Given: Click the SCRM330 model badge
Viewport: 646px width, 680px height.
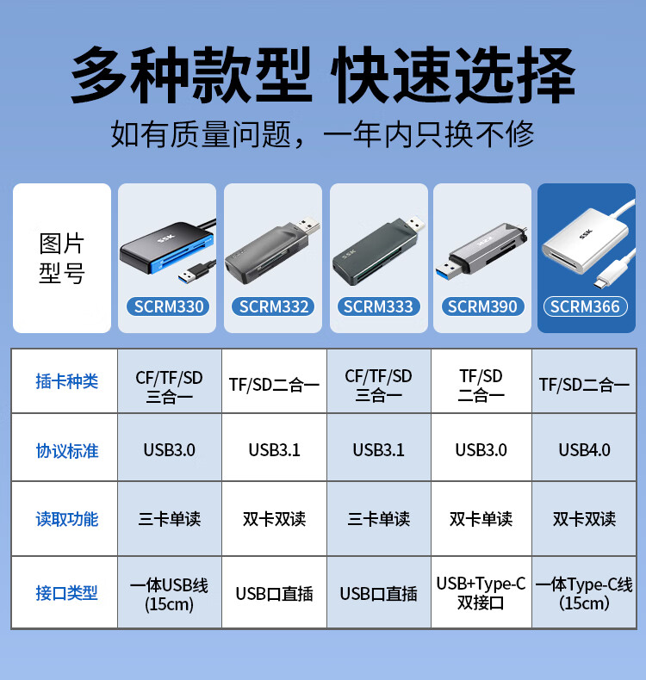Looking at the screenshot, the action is pyautogui.click(x=168, y=306).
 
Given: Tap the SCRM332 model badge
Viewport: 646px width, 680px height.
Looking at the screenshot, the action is pyautogui.click(x=273, y=306).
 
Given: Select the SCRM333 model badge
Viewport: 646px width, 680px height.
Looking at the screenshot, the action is pyautogui.click(x=378, y=306).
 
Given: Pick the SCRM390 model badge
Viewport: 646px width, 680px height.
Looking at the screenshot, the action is pyautogui.click(x=482, y=306).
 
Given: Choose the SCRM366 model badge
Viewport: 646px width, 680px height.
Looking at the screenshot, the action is pyautogui.click(x=585, y=306).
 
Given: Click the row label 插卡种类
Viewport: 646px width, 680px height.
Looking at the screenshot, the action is pyautogui.click(x=67, y=381).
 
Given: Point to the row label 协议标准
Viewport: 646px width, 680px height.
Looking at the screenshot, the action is pyautogui.click(x=67, y=451).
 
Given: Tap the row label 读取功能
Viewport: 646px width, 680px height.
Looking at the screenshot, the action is pyautogui.click(x=67, y=519).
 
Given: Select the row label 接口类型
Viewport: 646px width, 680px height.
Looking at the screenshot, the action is pyautogui.click(x=67, y=593).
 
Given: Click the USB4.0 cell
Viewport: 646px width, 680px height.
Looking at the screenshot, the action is pyautogui.click(x=584, y=450).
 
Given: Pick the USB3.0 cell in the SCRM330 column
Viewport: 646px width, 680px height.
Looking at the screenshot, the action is pyautogui.click(x=169, y=450).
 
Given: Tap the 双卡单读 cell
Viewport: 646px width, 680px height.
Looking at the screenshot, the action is pyautogui.click(x=481, y=519).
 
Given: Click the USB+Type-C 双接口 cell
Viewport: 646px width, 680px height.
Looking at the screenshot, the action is pyautogui.click(x=481, y=593).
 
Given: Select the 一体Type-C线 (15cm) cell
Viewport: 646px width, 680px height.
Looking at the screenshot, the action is pyautogui.click(x=584, y=593).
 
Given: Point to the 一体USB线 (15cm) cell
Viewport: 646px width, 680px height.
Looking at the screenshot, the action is pyautogui.click(x=169, y=594).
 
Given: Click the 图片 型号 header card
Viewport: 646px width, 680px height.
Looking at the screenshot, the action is pyautogui.click(x=62, y=258).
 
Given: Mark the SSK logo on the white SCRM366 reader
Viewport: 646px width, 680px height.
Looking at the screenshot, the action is pyautogui.click(x=585, y=234).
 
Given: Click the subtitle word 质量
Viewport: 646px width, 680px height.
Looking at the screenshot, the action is pyautogui.click(x=200, y=134).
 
